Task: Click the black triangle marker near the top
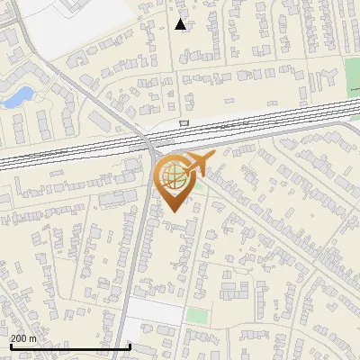tap(181, 24)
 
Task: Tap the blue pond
tap(18, 95)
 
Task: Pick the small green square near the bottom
tap(197, 316)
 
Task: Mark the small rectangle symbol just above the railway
tap(184, 123)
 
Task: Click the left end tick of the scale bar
tap(10, 346)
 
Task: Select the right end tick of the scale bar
tap(130, 346)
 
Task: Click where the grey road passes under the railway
tap(149, 141)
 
